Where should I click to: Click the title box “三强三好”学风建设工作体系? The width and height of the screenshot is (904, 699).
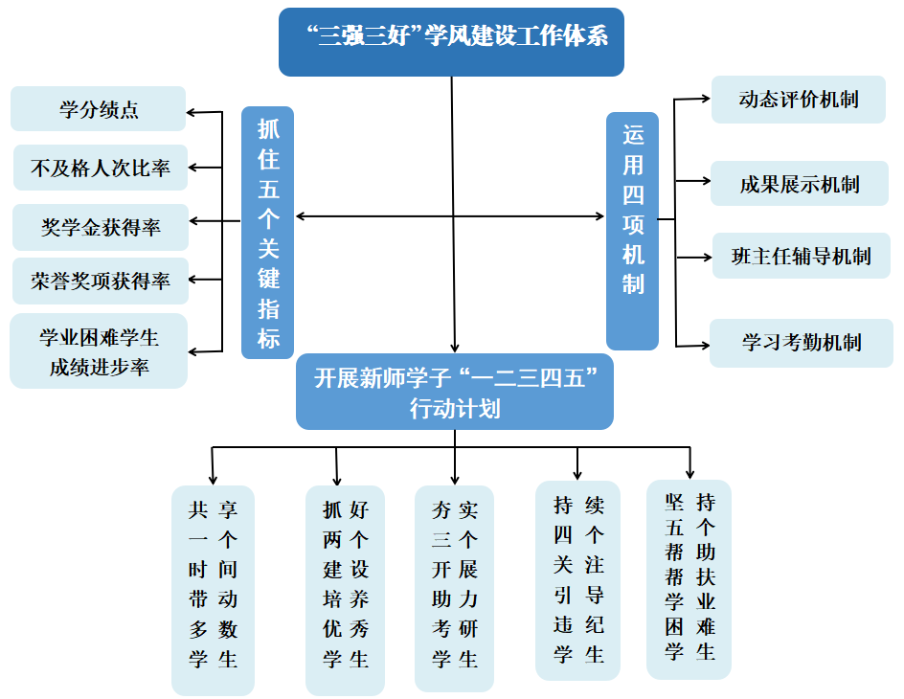tap(451, 41)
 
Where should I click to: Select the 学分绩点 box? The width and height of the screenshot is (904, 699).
tap(98, 109)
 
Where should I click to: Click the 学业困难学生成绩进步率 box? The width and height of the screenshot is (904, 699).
tap(99, 350)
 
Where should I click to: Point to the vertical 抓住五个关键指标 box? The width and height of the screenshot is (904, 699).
tap(267, 232)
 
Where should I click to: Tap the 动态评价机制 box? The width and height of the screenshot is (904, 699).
tap(798, 100)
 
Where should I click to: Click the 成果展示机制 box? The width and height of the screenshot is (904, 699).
tap(799, 184)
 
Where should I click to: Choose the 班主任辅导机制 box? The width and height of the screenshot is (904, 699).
tap(801, 256)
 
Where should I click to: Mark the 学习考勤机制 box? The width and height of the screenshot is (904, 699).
tap(801, 342)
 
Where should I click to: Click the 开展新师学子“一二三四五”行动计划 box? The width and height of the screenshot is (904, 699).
tap(454, 392)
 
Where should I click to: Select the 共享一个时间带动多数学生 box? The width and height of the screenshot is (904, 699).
tap(213, 589)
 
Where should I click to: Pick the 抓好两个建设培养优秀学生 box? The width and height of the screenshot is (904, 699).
tap(345, 589)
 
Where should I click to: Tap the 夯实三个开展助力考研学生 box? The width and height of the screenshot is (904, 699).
tap(454, 587)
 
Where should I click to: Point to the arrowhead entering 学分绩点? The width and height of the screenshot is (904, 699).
tap(192, 113)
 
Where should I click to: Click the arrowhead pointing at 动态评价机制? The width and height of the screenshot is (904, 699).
tap(705, 98)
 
